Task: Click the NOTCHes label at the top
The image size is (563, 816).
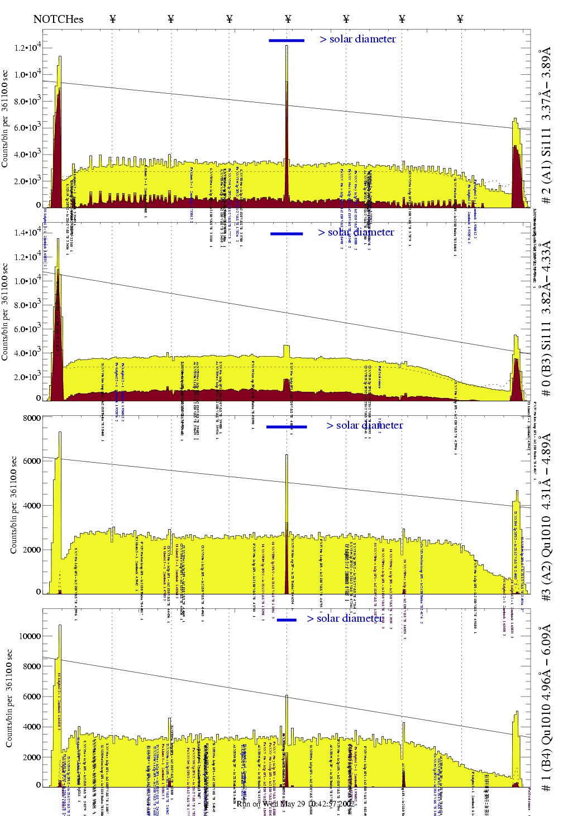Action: [58, 20]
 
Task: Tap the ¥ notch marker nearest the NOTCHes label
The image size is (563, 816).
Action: [113, 20]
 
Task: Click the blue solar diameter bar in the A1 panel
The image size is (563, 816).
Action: [287, 40]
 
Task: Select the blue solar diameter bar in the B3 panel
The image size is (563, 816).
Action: [287, 233]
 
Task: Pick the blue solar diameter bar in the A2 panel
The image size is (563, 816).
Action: [287, 427]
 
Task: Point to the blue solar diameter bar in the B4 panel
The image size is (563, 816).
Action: [287, 620]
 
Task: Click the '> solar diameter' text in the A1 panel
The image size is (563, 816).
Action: [357, 39]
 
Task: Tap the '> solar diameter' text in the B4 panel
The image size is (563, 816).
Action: [345, 618]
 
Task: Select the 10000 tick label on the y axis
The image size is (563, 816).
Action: [30, 636]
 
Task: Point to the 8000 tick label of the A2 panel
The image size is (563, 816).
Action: [32, 418]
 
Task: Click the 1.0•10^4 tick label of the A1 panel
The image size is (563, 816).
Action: [27, 74]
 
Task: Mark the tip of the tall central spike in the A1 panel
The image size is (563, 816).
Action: [287, 46]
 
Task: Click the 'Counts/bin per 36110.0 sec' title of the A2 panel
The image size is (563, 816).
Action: [13, 505]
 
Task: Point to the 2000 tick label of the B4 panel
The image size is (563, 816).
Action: [31, 757]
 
